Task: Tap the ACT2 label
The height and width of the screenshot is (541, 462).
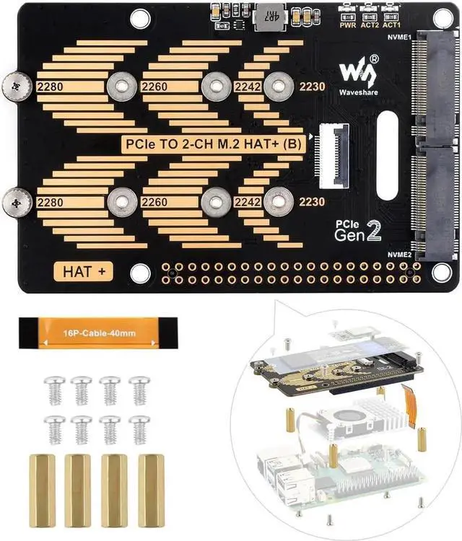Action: pyautogui.click(x=370, y=24)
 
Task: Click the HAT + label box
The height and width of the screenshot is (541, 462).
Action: pyautogui.click(x=84, y=271)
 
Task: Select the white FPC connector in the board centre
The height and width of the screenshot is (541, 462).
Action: pyautogui.click(x=328, y=152)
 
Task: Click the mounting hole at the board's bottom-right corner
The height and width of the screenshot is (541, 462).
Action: pyautogui.click(x=442, y=272)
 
